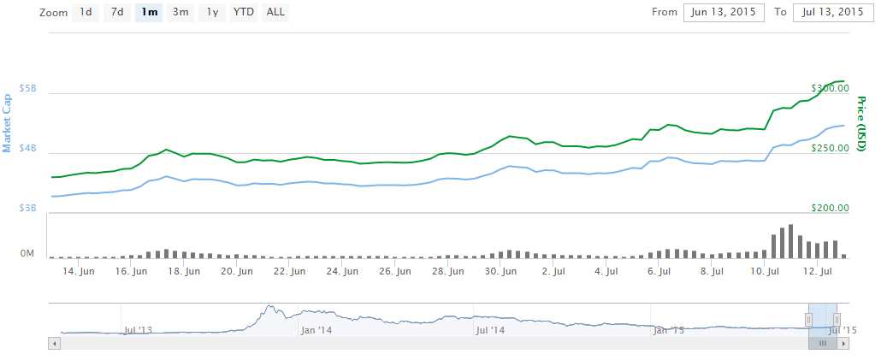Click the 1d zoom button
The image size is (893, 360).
click(x=86, y=12)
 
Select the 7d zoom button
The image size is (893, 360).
click(x=117, y=12)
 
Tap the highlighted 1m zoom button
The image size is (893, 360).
click(x=149, y=12)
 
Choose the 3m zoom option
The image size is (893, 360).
click(x=180, y=12)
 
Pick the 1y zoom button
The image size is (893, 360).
click(x=212, y=12)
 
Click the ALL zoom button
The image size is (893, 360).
click(x=275, y=12)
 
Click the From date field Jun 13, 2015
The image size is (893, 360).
click(x=723, y=12)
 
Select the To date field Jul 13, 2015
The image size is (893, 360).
click(x=833, y=12)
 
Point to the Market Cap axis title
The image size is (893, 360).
click(x=8, y=118)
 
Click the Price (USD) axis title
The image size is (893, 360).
click(x=862, y=123)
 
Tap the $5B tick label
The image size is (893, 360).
click(x=28, y=89)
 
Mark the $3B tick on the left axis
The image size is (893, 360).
click(x=28, y=209)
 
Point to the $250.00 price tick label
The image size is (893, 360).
click(x=830, y=149)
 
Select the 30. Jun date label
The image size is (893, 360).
click(x=501, y=272)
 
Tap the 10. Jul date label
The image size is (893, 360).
click(x=766, y=272)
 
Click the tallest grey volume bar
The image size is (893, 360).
click(x=790, y=241)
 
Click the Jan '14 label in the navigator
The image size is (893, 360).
click(x=317, y=329)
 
